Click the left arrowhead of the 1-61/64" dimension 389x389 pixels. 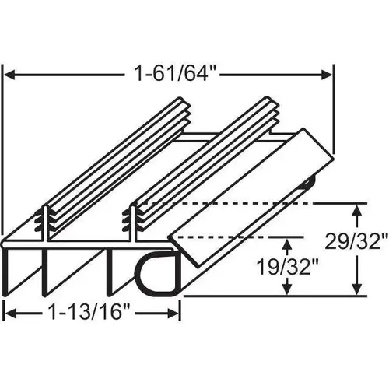point(12,75)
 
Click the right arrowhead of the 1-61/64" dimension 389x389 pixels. point(330,75)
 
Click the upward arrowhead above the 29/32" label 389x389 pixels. point(359,209)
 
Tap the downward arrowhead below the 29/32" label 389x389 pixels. point(359,291)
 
